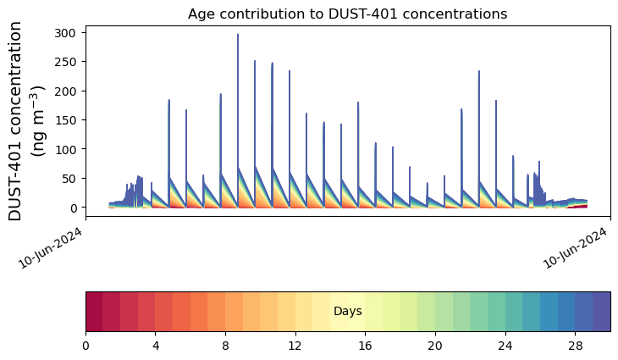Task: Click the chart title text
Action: (347, 14)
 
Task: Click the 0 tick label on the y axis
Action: (75, 208)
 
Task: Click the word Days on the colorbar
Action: (347, 312)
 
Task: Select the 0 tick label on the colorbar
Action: (86, 346)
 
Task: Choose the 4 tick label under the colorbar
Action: (156, 346)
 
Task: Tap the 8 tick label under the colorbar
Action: (226, 346)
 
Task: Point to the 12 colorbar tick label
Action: (295, 346)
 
